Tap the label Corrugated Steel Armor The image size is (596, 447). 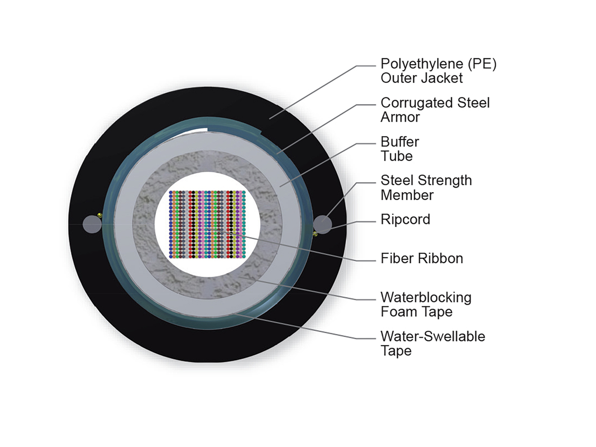(435, 110)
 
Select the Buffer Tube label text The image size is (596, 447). (400, 149)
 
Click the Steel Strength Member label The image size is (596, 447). (426, 187)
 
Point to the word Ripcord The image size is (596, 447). (405, 220)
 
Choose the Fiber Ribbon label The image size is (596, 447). (422, 258)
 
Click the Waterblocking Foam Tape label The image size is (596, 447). (426, 304)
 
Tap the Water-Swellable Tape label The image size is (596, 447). (432, 343)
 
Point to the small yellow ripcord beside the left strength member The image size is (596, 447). (100, 215)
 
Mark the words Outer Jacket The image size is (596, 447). (421, 78)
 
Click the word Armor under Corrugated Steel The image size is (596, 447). (400, 117)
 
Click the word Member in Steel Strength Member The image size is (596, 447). (407, 195)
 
